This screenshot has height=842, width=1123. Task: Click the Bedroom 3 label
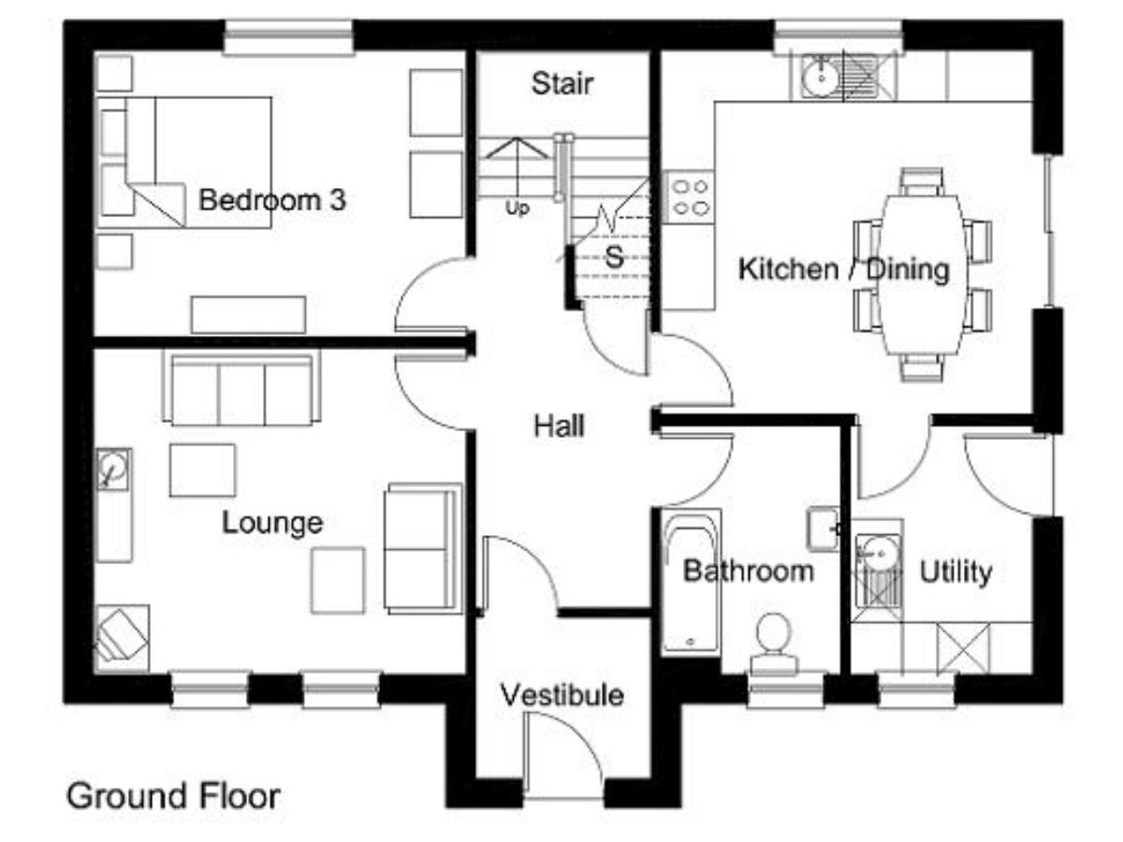tap(272, 200)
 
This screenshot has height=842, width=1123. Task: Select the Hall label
tap(559, 426)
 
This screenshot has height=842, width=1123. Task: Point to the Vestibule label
tap(561, 695)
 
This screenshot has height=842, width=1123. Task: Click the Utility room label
tap(955, 573)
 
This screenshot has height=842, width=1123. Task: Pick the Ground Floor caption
tap(173, 796)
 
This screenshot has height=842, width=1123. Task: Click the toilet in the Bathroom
tap(774, 644)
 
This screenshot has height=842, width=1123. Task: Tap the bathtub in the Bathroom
tap(692, 582)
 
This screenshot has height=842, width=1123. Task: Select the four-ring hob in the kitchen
tap(688, 196)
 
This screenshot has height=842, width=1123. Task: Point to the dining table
tap(924, 274)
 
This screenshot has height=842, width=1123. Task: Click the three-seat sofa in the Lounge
tap(241, 387)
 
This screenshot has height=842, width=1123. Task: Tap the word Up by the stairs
tap(517, 208)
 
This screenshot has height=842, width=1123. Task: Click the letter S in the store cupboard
tap(614, 256)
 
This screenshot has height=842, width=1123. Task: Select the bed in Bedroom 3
tap(184, 162)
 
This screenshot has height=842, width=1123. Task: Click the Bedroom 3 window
tap(288, 36)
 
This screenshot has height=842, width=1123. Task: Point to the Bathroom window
tap(785, 690)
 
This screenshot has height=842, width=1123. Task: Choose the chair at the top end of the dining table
tap(923, 181)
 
